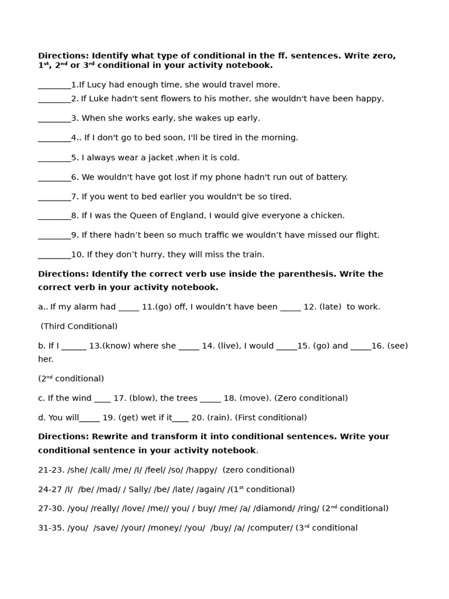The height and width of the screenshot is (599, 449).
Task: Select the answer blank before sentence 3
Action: coord(54,119)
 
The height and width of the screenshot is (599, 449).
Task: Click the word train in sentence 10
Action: coord(251,255)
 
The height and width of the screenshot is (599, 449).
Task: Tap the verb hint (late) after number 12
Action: coord(330,307)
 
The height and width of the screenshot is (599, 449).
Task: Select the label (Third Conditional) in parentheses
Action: coord(79,326)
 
